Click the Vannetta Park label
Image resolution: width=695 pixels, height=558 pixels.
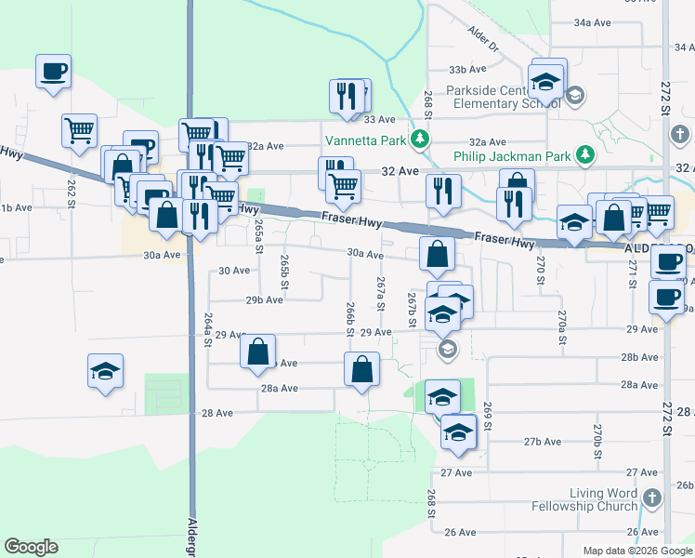coord(366,140)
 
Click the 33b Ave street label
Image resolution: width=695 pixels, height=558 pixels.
coord(468,70)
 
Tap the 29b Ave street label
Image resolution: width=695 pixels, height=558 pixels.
coord(265,299)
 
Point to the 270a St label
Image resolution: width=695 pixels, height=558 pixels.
coord(561,327)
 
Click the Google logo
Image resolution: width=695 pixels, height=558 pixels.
coord(31,548)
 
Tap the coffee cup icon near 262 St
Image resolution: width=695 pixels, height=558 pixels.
coord(54,71)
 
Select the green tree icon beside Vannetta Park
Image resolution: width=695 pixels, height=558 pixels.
coord(420,140)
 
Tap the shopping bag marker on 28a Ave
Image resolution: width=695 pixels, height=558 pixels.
coord(362,369)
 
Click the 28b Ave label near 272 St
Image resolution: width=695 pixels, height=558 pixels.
coord(640,357)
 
